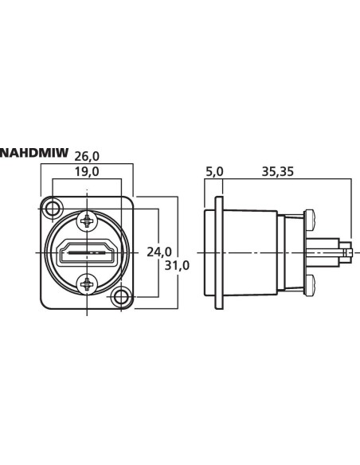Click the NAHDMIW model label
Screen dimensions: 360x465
click(34, 153)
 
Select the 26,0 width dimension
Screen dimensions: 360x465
click(87, 157)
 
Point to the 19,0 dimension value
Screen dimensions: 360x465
click(87, 172)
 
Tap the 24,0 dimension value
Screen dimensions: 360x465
click(159, 252)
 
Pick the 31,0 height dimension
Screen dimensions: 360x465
click(177, 266)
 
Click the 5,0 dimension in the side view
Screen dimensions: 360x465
click(214, 172)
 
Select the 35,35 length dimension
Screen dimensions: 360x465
click(277, 172)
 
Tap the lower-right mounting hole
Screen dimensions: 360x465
click(121, 297)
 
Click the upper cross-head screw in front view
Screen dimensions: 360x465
click(87, 221)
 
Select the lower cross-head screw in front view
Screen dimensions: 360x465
click(87, 284)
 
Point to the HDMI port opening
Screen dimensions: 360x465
click(87, 253)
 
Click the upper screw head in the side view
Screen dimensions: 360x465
click(309, 221)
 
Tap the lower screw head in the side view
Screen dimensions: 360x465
click(309, 285)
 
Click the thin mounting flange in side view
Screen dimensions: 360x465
click(220, 253)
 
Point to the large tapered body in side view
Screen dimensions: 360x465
click(251, 253)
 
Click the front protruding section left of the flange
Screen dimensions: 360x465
click(210, 253)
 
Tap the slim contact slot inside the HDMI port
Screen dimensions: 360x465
click(87, 253)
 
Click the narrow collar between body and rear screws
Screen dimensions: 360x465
click(281, 253)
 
